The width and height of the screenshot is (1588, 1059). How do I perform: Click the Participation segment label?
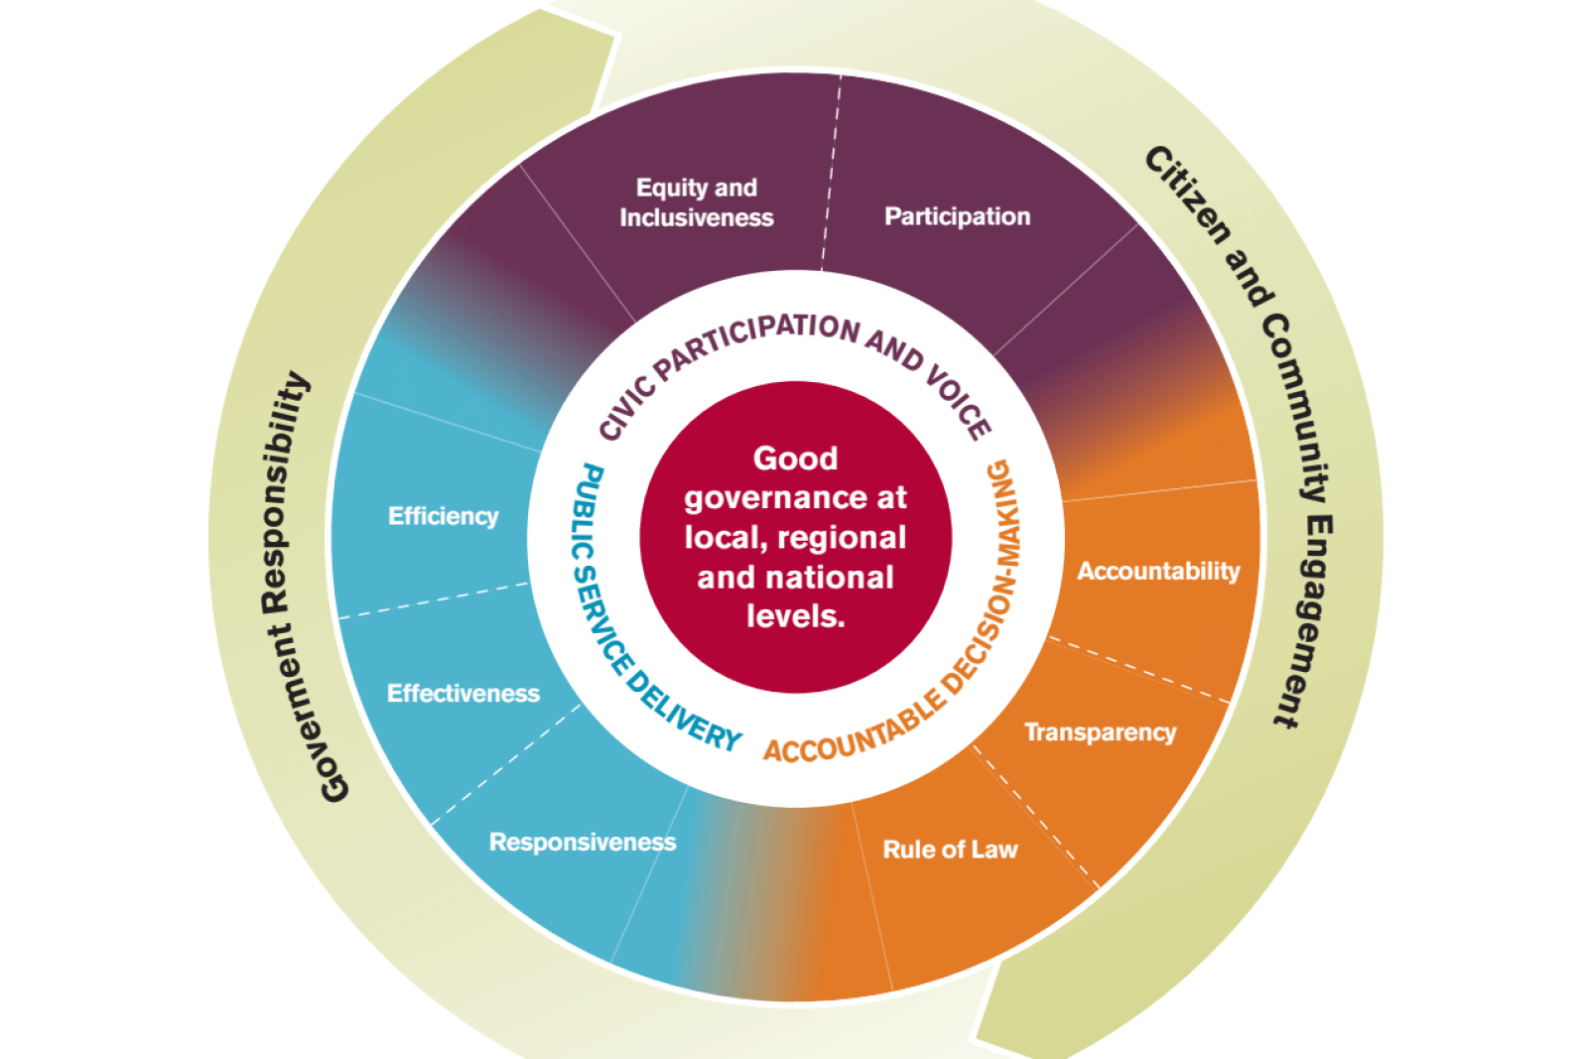click(957, 216)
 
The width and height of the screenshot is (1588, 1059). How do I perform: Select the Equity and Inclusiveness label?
click(696, 202)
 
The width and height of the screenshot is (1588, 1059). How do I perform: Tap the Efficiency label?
click(443, 516)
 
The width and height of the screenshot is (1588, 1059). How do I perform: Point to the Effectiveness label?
click(463, 693)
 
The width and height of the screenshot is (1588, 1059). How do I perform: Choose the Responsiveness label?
click(583, 842)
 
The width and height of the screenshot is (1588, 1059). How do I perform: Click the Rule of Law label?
click(950, 850)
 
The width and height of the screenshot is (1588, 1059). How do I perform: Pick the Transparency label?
click(1100, 732)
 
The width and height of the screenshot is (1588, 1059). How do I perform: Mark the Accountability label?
click(1158, 571)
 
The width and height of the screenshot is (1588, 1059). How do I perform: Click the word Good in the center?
click(795, 459)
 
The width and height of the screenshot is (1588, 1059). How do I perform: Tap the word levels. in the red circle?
click(795, 616)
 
